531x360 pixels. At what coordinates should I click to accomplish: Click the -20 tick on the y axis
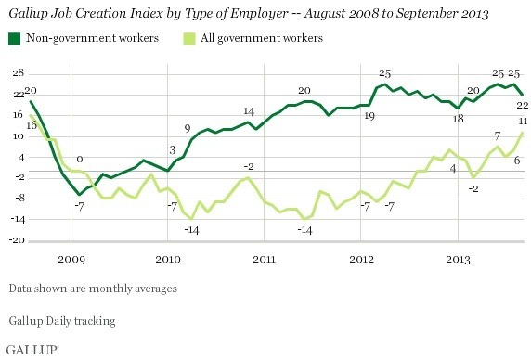click(18, 241)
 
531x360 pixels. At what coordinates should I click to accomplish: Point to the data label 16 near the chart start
click(31, 125)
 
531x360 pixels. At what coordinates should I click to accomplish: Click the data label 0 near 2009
click(80, 160)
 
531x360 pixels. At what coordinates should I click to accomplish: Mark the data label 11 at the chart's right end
click(523, 122)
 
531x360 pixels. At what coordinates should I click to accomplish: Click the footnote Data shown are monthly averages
click(95, 288)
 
